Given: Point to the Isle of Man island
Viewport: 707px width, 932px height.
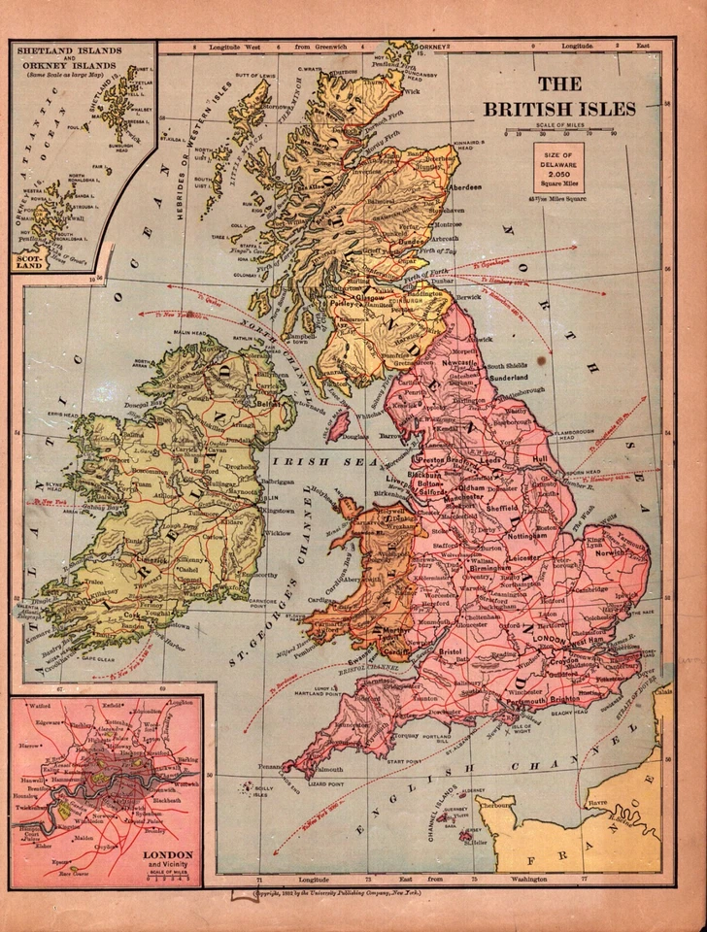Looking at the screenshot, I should [339, 424].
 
